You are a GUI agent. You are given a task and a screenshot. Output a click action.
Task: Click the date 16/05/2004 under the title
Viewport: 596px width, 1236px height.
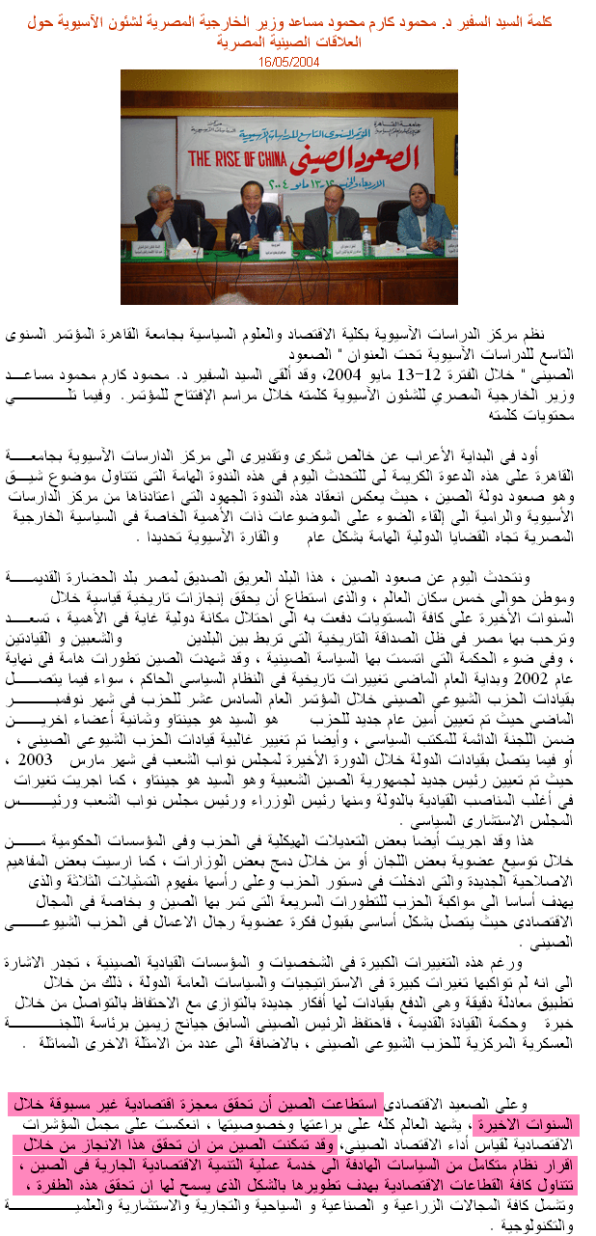click(288, 61)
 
